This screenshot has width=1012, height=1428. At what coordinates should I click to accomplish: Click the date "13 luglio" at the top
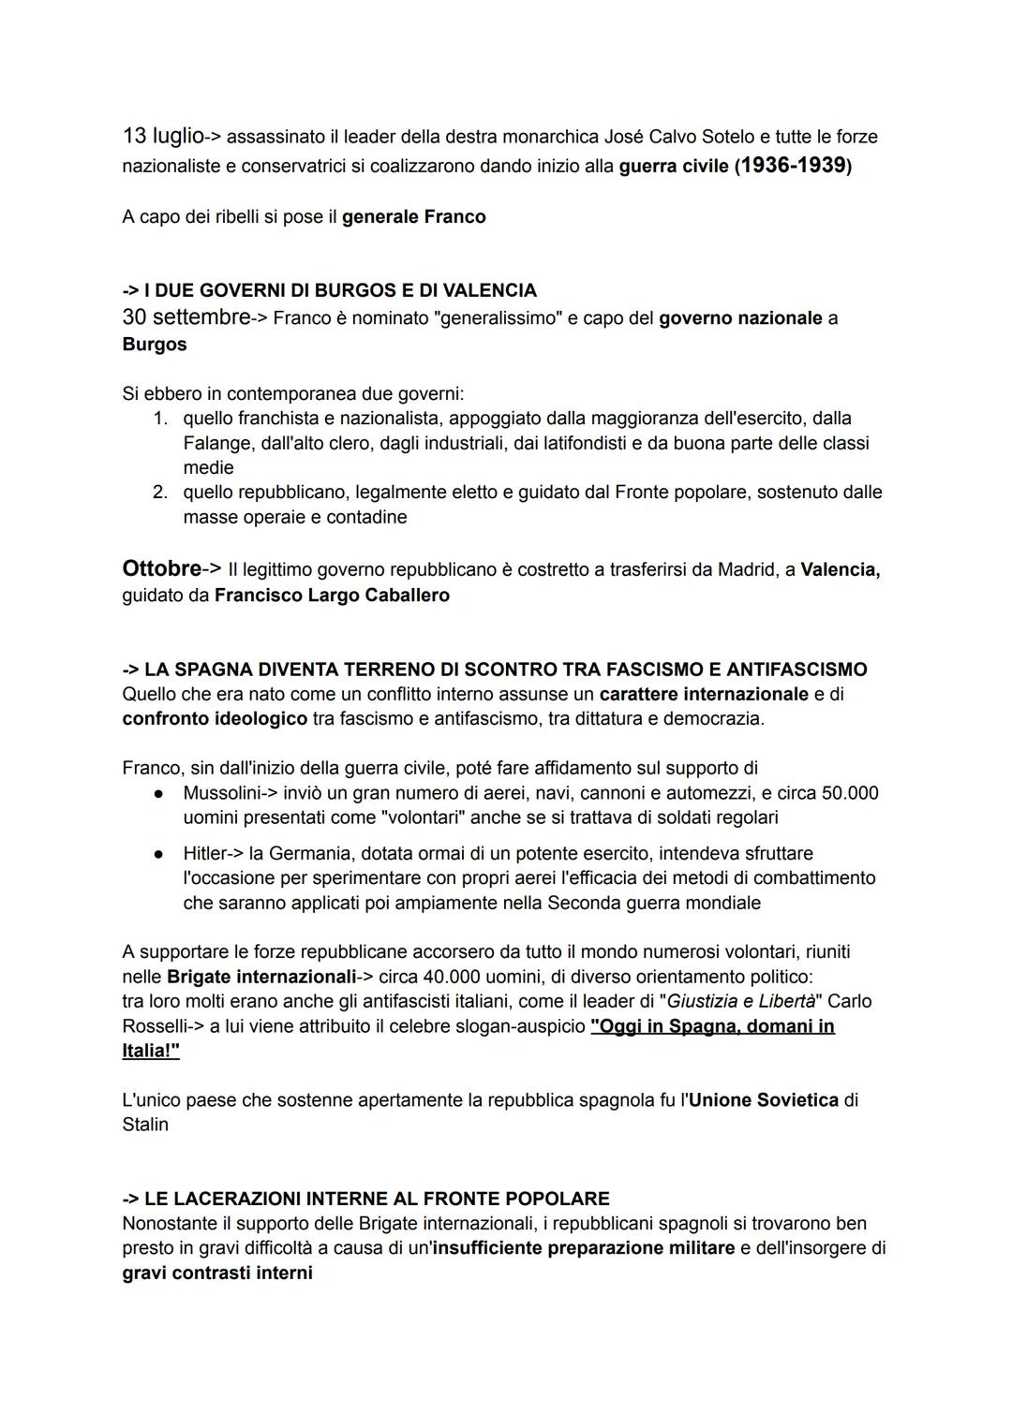[163, 136]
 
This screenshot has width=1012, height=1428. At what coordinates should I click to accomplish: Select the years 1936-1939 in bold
[794, 167]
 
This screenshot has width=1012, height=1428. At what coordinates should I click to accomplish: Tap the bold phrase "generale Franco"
[413, 217]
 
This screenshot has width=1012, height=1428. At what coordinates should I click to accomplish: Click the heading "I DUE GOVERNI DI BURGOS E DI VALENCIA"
[340, 290]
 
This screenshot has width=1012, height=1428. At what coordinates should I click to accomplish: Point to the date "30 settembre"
[186, 317]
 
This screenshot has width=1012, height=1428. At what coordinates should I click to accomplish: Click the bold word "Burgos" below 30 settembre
[155, 345]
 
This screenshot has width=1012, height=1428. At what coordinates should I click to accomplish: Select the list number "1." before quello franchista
[161, 418]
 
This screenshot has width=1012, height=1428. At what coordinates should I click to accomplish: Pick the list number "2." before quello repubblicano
[161, 493]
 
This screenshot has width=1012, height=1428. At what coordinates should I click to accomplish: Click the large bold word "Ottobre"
[161, 569]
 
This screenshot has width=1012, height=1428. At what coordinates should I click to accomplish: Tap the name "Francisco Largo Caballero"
[332, 596]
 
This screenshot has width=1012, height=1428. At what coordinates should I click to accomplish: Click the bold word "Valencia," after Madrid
[841, 570]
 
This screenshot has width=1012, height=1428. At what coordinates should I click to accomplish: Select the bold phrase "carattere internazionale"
[704, 695]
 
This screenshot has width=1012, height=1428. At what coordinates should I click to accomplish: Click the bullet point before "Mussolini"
[160, 794]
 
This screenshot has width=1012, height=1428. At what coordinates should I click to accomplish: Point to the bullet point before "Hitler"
[160, 854]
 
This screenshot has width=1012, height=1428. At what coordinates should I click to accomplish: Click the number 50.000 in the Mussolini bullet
[850, 794]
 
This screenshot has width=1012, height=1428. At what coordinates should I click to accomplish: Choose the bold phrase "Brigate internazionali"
[261, 978]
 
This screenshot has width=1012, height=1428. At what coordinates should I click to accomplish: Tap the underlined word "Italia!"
[150, 1052]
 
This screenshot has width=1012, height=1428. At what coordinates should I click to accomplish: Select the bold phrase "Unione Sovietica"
[764, 1100]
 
